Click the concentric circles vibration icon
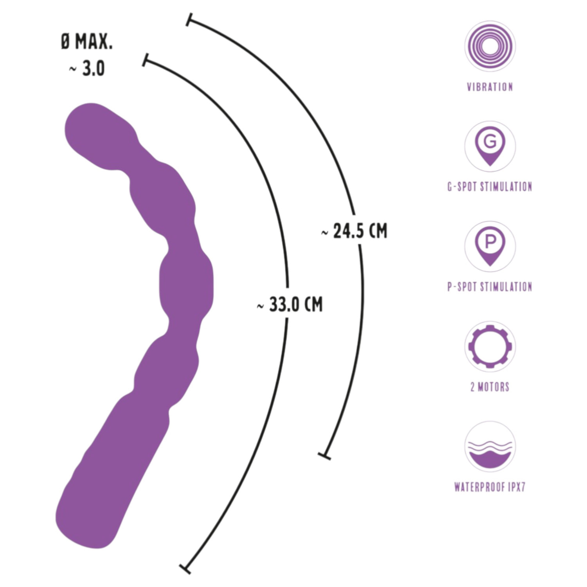pyautogui.click(x=490, y=46)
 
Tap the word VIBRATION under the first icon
pyautogui.click(x=490, y=87)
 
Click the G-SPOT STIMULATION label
pyautogui.click(x=490, y=187)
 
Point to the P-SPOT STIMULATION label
pyautogui.click(x=490, y=287)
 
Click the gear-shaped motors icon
pyautogui.click(x=490, y=347)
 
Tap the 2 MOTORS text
pyautogui.click(x=490, y=387)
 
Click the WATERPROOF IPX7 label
pyautogui.click(x=490, y=487)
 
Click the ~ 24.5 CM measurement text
pyautogui.click(x=354, y=231)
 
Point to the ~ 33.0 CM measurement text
pyautogui.click(x=290, y=304)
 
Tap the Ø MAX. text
pyautogui.click(x=87, y=41)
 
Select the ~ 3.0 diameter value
pyautogui.click(x=87, y=68)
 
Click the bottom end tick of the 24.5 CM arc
pyautogui.click(x=324, y=456)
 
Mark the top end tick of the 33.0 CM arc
pyautogui.click(x=146, y=60)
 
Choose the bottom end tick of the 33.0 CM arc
pyautogui.click(x=185, y=569)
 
